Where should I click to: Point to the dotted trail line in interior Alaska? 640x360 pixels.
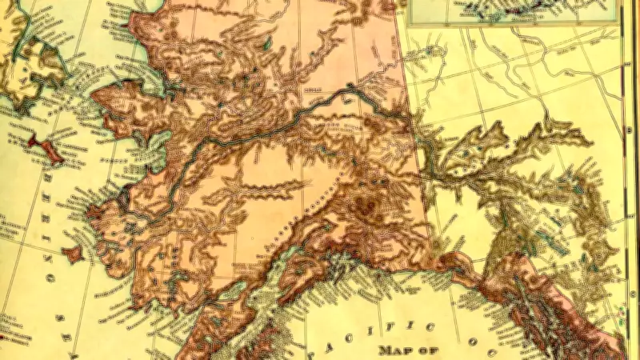tap(320, 196)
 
